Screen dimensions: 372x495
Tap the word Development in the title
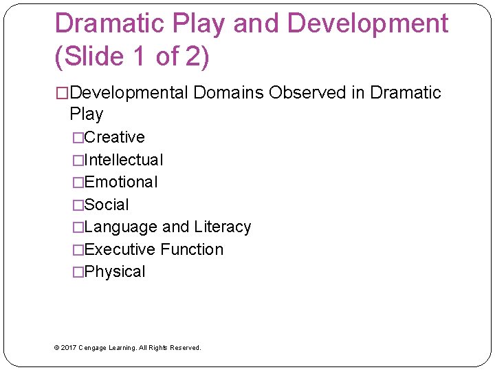tap(368, 23)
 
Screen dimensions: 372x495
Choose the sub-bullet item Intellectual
tap(124, 160)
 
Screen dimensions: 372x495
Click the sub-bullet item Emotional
tap(121, 183)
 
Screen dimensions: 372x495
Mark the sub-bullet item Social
tap(107, 205)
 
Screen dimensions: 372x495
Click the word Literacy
tap(223, 227)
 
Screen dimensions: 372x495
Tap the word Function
tap(192, 249)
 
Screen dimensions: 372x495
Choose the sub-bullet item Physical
tap(115, 272)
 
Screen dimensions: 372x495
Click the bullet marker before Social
tap(78, 205)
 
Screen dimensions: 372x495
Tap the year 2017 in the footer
tap(68, 348)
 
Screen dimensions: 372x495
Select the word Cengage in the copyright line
tap(94, 348)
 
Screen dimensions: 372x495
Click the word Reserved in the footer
tap(185, 348)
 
